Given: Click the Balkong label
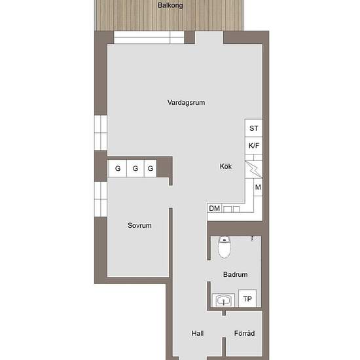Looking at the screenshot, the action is (x=170, y=5).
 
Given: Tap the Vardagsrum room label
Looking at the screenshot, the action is (x=186, y=102).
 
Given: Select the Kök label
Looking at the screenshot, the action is (x=226, y=166).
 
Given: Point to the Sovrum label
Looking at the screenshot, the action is (x=139, y=225).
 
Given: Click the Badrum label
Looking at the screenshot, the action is (x=236, y=274).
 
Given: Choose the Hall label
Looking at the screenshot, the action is (x=198, y=333).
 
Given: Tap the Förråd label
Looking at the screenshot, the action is (x=244, y=333).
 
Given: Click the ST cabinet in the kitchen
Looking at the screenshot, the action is (x=254, y=128).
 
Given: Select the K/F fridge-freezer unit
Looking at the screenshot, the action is (x=254, y=145).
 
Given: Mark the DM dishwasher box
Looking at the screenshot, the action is (x=215, y=208).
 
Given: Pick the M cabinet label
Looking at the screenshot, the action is (x=258, y=187).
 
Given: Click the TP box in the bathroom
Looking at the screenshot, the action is (x=247, y=298).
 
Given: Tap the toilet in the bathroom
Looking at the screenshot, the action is (x=225, y=247).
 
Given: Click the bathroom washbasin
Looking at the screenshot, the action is (x=223, y=300).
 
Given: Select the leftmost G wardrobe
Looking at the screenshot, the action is (x=118, y=168).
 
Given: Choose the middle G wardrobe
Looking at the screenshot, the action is (x=135, y=168).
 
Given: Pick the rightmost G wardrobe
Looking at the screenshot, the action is (x=151, y=168).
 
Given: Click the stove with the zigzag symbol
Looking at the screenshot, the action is (x=254, y=170).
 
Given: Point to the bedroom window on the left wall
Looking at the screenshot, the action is (x=101, y=199).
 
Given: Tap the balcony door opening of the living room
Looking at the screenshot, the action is (x=209, y=38).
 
